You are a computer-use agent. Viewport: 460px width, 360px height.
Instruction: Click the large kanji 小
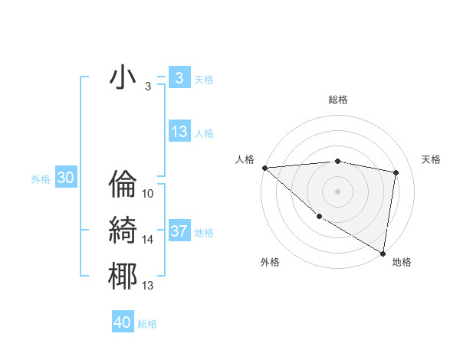(123, 79)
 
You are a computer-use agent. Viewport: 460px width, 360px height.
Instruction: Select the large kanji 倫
(123, 185)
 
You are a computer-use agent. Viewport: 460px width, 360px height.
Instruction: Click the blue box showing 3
(179, 78)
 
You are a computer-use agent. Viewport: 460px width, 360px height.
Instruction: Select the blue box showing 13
(179, 132)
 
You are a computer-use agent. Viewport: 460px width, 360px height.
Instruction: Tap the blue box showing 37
(179, 231)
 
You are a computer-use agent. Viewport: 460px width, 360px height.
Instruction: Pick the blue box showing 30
(65, 178)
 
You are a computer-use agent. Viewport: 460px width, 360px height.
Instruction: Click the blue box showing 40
(123, 322)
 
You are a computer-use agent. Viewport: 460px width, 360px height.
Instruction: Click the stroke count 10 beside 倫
(148, 194)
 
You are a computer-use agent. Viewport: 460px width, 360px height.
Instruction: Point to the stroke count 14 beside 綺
(148, 240)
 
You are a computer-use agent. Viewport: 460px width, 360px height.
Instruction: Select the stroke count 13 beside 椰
(148, 286)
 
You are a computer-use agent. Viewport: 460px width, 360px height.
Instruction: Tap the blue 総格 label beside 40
(147, 324)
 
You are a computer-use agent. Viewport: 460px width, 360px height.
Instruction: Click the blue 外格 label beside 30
(41, 179)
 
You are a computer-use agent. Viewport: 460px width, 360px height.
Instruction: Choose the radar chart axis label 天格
(431, 159)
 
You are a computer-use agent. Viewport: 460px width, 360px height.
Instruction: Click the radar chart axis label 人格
(245, 159)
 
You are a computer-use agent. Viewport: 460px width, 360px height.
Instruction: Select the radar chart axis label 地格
(402, 262)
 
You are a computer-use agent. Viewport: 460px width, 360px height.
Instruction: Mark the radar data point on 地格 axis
(383, 253)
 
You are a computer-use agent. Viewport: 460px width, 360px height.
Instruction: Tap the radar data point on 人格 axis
(264, 168)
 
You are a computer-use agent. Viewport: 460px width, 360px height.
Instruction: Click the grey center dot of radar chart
(337, 191)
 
